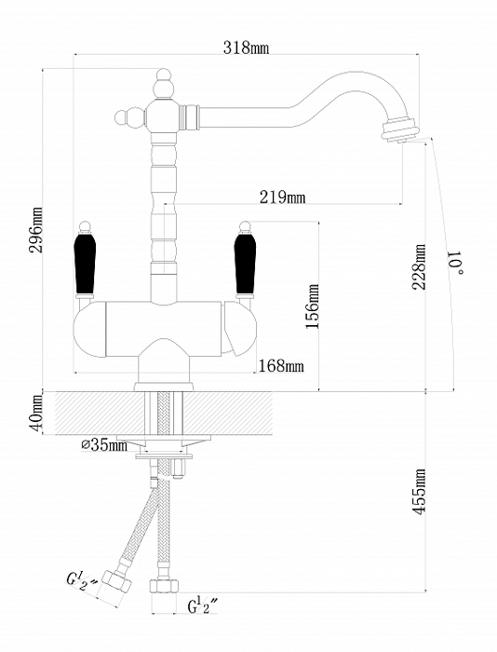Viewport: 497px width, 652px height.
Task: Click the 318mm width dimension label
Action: pos(246,48)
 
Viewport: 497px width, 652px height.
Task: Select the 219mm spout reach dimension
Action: pos(282,197)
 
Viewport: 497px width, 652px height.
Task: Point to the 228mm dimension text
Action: pos(419,266)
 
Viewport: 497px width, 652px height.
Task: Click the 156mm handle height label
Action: pos(313,306)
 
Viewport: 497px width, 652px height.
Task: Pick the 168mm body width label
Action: pos(281,366)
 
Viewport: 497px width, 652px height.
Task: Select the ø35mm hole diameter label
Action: pos(104,445)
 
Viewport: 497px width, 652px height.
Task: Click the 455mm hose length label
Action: pos(419,492)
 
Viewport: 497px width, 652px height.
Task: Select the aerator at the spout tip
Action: pos(400,129)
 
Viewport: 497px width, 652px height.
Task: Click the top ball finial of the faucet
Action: pos(163,83)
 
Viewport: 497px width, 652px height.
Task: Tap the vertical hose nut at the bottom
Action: pos(164,586)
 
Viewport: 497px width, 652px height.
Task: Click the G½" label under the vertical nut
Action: pos(203,605)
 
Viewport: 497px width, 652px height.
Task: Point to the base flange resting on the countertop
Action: pos(164,387)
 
